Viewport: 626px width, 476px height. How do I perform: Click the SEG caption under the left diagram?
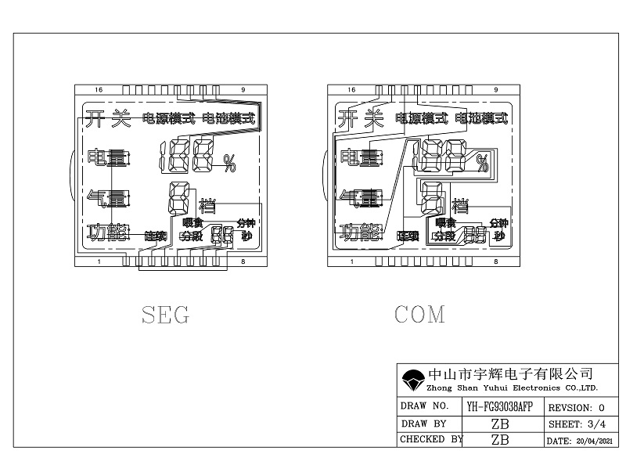(x=165, y=315)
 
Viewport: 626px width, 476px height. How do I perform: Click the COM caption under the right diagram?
(x=419, y=315)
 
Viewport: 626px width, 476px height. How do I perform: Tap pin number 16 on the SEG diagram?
(x=99, y=90)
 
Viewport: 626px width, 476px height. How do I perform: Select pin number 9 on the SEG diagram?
(x=243, y=90)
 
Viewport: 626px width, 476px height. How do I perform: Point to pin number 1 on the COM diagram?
(x=351, y=261)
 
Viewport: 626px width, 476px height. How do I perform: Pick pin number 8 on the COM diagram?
(x=496, y=261)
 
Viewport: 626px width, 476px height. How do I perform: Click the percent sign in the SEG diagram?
(x=229, y=163)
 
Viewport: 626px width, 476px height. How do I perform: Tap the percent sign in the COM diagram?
(x=483, y=163)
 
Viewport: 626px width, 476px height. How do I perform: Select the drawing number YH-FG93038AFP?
(x=499, y=407)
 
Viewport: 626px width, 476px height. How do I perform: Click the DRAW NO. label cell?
(x=424, y=407)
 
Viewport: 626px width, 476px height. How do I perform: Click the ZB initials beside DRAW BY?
(x=499, y=424)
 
